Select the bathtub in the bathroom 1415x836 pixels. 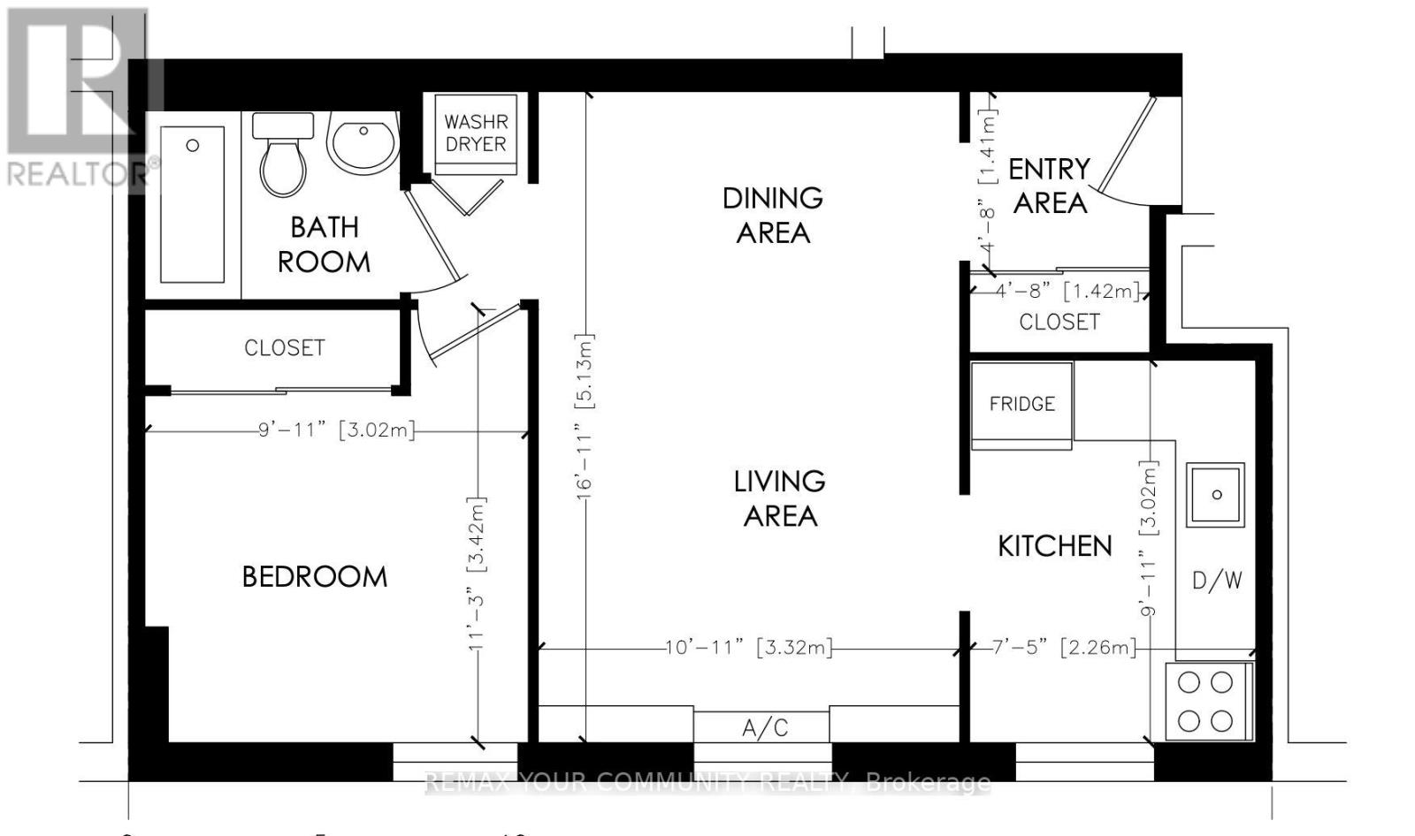[192, 204]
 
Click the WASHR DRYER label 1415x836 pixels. [476, 133]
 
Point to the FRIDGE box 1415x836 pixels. [1021, 404]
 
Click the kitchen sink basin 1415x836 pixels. [1216, 495]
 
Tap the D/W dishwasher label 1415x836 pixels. [1217, 581]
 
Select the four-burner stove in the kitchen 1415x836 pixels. [1206, 702]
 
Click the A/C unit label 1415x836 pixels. [764, 728]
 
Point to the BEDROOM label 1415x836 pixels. [314, 577]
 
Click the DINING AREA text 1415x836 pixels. [772, 215]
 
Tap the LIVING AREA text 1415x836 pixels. [779, 498]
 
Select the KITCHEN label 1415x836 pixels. [1054, 546]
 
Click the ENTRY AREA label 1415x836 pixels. [1049, 186]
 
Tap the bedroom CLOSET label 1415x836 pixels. [284, 347]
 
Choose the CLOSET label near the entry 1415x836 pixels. [1059, 322]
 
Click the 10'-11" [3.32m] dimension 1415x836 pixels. [749, 648]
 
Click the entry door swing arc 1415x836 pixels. [1125, 199]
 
